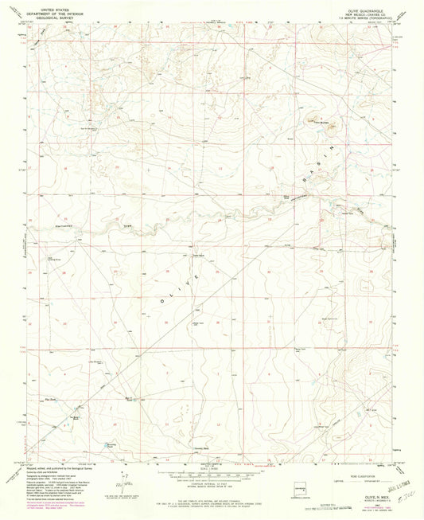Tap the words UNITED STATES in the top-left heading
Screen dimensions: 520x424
(54, 7)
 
